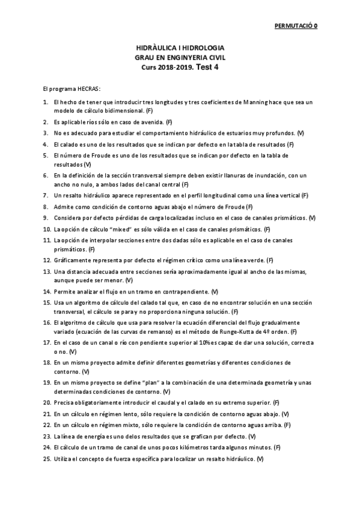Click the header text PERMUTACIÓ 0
(296, 26)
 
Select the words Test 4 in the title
(208, 67)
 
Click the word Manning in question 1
(242, 103)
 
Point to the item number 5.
(46, 155)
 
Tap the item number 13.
(47, 271)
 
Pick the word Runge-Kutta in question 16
(233, 331)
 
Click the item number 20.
(47, 402)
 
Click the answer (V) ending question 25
(260, 459)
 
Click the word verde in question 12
(253, 260)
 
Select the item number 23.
(47, 436)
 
